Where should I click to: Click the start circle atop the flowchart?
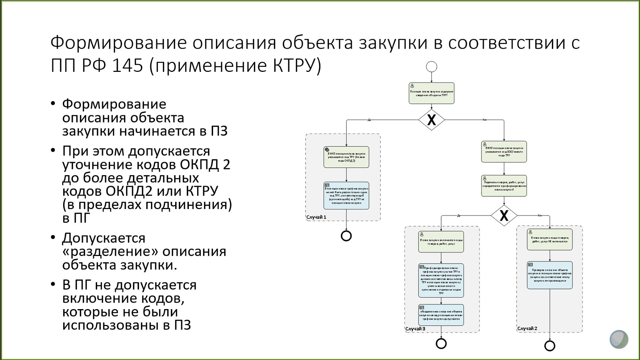432,67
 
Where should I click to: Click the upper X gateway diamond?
432,120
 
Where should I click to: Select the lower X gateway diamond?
504,216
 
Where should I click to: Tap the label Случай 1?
316,217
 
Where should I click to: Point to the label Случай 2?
527,328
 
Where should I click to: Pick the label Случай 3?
415,329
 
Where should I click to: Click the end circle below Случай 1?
346,236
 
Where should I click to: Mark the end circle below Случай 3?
441,343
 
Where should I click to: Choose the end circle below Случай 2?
550,346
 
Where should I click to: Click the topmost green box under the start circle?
432,93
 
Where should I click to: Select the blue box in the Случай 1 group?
346,195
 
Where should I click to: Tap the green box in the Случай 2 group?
550,239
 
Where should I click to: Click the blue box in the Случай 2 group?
550,275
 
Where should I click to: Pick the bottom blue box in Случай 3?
441,315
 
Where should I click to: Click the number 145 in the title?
127,66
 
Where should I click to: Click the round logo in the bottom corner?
619,339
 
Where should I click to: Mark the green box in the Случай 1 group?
346,157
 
